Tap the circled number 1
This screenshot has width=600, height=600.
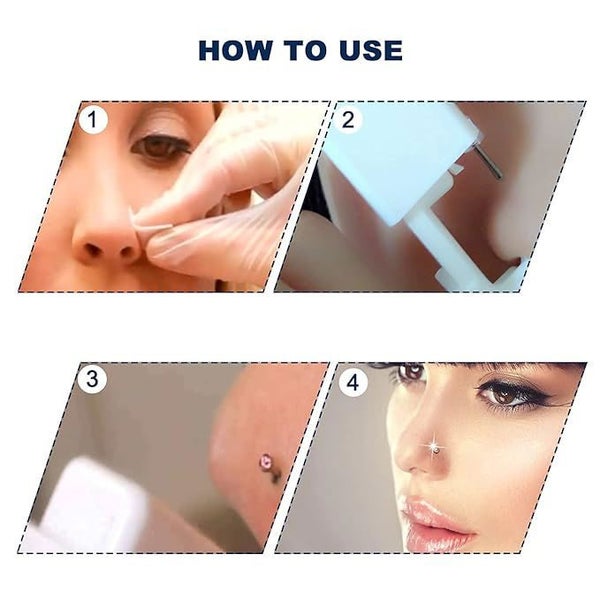pos(94,122)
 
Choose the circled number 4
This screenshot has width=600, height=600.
pos(352,382)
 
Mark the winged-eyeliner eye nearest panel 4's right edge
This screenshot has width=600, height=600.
pos(518,393)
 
